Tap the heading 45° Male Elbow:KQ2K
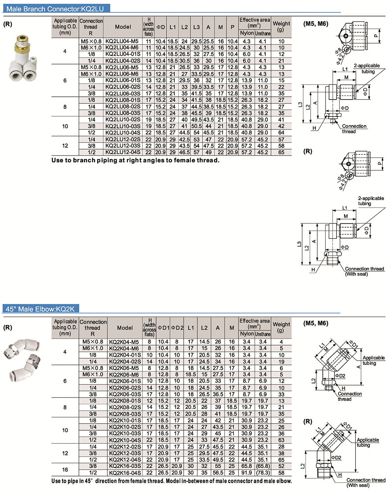(x=43, y=309)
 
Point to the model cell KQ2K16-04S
(x=125, y=473)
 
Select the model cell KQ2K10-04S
(x=125, y=440)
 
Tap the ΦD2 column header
(x=177, y=328)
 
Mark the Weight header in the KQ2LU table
(x=281, y=26)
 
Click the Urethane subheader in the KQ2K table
(x=263, y=334)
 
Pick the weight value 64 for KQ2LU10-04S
(x=281, y=133)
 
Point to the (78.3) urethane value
(x=263, y=473)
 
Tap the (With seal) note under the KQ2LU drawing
(x=356, y=274)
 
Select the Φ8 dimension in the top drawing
(x=337, y=49)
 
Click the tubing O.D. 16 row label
(x=65, y=469)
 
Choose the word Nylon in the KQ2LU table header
(x=247, y=33)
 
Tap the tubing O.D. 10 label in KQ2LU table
(x=65, y=126)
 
